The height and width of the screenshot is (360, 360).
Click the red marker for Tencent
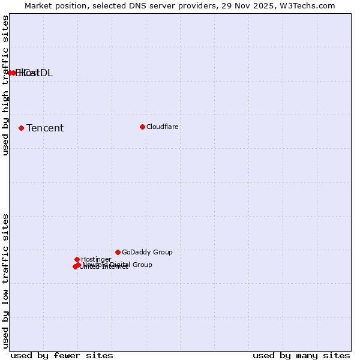click(21, 128)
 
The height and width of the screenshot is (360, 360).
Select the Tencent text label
click(45, 128)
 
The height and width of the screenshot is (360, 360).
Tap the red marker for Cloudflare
click(142, 127)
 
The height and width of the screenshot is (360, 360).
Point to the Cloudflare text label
click(163, 127)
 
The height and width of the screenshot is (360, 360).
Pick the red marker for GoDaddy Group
click(118, 252)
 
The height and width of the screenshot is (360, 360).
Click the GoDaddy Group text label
click(147, 252)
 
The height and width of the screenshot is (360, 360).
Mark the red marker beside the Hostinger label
click(77, 259)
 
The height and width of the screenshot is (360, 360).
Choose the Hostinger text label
click(96, 259)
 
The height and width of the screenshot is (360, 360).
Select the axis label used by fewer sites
click(62, 355)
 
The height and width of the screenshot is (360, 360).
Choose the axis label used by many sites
click(301, 355)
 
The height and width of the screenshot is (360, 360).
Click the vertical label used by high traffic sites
click(5, 85)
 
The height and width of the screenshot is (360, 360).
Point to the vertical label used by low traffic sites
click(5, 281)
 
